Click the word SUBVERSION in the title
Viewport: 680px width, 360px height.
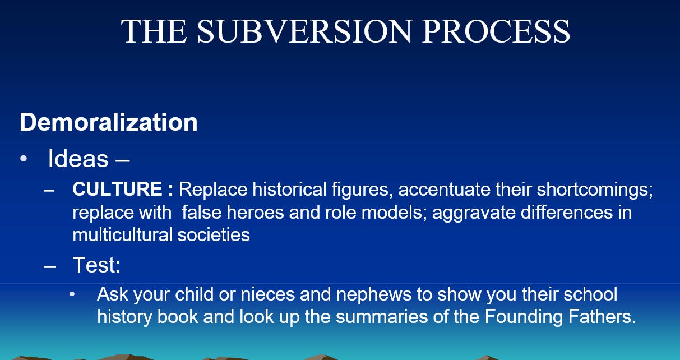pyautogui.click(x=304, y=31)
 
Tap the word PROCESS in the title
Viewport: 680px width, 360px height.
pyautogui.click(x=496, y=31)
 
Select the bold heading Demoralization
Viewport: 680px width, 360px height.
pyautogui.click(x=108, y=122)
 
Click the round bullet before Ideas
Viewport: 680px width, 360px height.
pyautogui.click(x=24, y=159)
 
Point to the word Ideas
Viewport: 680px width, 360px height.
pyautogui.click(x=78, y=159)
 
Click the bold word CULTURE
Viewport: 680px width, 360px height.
pyautogui.click(x=117, y=189)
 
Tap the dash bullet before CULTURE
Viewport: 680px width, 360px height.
pyautogui.click(x=49, y=191)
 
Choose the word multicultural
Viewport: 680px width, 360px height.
pyautogui.click(x=122, y=235)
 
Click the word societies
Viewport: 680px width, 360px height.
pyautogui.click(x=214, y=235)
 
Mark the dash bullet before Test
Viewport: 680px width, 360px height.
pyautogui.click(x=50, y=267)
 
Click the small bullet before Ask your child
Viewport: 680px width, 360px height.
pyautogui.click(x=72, y=294)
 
